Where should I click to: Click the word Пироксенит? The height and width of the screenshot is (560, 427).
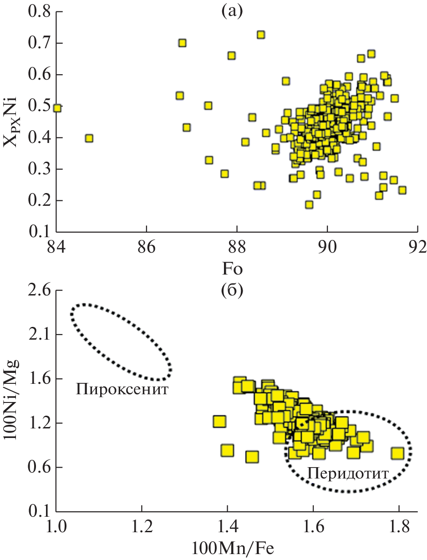click(x=122, y=389)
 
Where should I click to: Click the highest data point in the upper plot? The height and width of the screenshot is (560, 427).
click(x=261, y=35)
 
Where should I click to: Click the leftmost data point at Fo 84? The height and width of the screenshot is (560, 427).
click(x=57, y=108)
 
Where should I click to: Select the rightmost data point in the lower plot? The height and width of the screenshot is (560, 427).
click(x=398, y=453)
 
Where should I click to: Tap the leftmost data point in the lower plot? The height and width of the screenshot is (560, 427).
click(x=219, y=421)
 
